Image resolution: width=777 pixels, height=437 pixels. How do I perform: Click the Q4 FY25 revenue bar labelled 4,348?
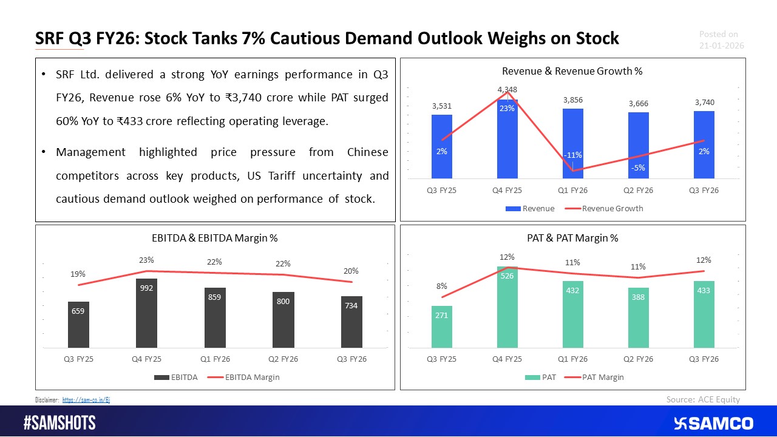coord(507,140)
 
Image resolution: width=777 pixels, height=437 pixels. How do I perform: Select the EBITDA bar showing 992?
coord(146,313)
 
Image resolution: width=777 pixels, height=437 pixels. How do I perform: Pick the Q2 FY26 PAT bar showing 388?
coord(638,317)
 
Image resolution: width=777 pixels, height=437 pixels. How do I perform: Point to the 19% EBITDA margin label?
coord(78,274)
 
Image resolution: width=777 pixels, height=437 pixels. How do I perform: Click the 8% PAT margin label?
coord(441,286)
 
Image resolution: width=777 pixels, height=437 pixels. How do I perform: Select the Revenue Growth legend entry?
coord(612,209)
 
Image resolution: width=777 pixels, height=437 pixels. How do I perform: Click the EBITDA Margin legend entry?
coord(252,378)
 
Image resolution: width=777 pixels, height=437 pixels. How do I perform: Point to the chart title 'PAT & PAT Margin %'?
coord(573,239)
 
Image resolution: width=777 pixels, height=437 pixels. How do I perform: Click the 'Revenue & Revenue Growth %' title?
coord(573,71)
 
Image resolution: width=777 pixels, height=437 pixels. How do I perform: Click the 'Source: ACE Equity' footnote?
coord(703,399)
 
